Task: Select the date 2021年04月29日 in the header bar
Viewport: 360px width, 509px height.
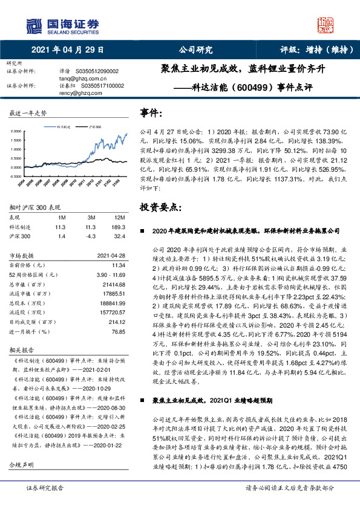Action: tap(67, 50)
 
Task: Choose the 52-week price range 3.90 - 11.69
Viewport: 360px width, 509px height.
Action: tap(107, 274)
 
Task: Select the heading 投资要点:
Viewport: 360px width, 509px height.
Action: tap(160, 207)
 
